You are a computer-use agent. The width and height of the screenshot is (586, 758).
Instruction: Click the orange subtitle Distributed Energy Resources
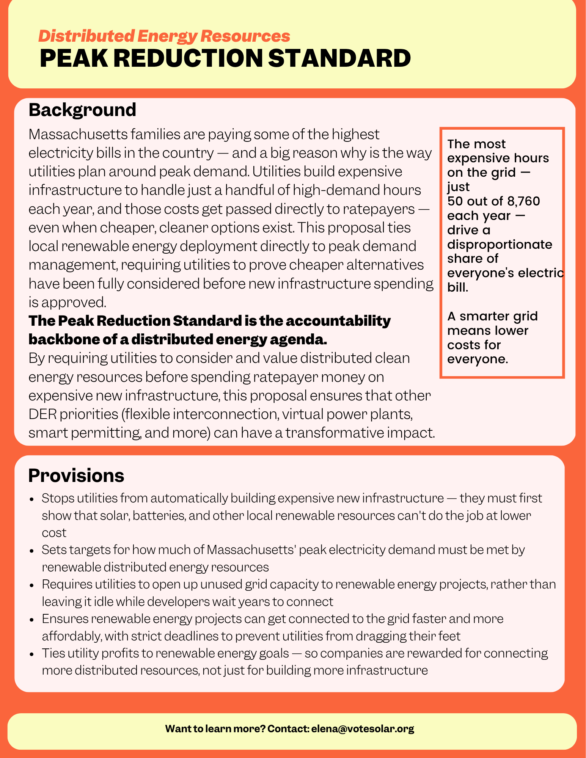click(164, 36)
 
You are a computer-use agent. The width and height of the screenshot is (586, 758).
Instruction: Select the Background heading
click(82, 110)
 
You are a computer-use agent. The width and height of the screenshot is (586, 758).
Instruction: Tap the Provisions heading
click(76, 476)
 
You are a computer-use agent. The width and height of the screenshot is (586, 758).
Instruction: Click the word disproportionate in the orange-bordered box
click(500, 244)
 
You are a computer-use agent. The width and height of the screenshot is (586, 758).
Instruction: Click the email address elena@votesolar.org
click(363, 728)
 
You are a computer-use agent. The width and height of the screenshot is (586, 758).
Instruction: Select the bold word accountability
click(338, 321)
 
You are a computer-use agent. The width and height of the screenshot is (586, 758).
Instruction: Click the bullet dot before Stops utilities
click(33, 499)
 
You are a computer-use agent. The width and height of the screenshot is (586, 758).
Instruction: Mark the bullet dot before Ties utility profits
click(33, 654)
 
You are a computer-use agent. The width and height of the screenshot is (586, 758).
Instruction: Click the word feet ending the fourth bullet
click(451, 636)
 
